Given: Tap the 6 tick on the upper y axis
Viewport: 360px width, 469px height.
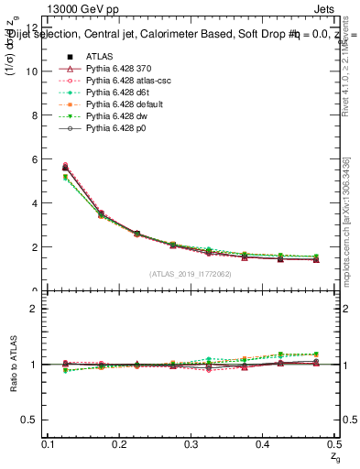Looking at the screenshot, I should (x=37, y=159).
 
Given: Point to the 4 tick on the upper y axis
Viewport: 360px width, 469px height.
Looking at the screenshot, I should (x=37, y=203).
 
